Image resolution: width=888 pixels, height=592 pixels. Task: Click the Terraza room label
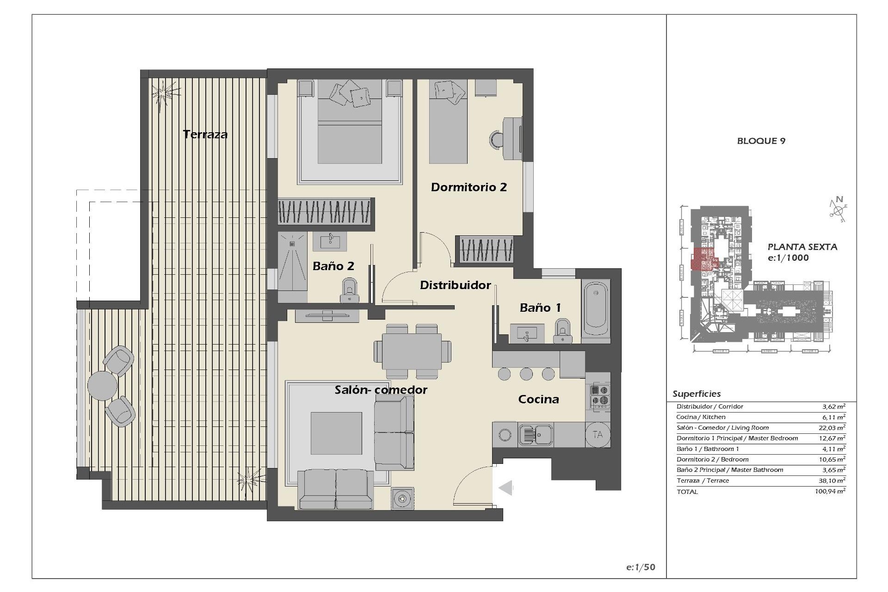(205, 135)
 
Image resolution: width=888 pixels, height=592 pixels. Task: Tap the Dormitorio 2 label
(469, 187)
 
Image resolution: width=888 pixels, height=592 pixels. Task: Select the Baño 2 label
(333, 266)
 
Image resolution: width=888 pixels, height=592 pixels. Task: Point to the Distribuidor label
(455, 285)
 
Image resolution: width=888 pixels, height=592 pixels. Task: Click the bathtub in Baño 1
(596, 309)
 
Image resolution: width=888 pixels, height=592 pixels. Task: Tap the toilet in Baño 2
(349, 290)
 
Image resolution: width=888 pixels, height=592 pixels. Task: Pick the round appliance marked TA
(598, 435)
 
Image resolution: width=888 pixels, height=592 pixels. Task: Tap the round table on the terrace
(102, 385)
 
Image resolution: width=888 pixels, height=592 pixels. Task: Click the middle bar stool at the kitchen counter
(526, 373)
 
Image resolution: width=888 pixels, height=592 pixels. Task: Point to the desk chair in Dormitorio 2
(498, 139)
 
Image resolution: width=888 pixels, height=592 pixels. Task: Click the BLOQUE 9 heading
(761, 141)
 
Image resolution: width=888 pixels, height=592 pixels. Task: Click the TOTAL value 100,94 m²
(830, 492)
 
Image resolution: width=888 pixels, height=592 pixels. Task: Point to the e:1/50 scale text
(641, 567)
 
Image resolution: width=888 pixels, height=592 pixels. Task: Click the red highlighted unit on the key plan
(702, 259)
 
